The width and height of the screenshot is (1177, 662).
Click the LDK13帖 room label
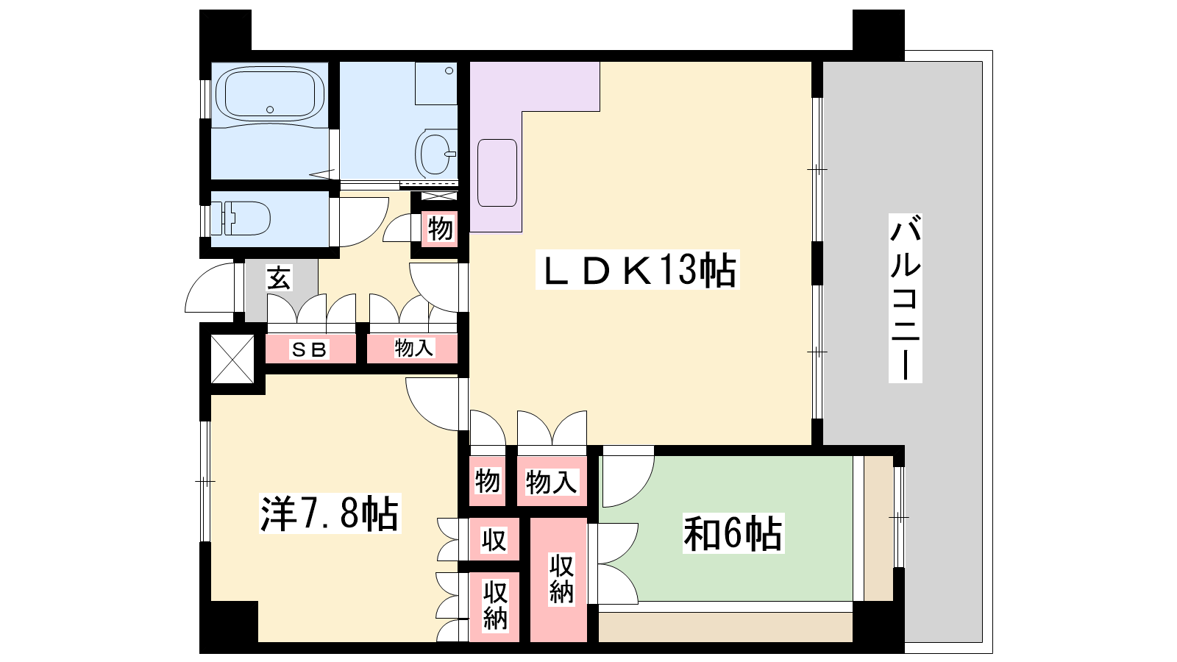coord(637,269)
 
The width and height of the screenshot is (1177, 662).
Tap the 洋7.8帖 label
coord(330,513)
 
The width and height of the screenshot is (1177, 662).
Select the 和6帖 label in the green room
coord(733,533)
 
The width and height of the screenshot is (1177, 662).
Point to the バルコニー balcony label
coord(905,298)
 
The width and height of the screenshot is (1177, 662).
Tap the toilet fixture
coord(241,218)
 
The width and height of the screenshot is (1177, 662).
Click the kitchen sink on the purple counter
coord(497,173)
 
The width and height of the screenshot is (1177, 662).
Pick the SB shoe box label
coord(310,349)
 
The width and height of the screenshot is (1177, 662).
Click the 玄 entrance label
coord(278,278)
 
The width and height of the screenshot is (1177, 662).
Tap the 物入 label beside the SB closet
coord(414,347)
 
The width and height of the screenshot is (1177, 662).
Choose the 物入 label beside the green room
coord(552,482)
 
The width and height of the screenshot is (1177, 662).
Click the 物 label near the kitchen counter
coord(440,229)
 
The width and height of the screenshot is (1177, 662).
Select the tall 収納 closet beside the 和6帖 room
coord(558,580)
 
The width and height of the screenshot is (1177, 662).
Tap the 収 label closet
coord(494,540)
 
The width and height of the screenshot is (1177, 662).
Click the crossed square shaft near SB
coord(232,360)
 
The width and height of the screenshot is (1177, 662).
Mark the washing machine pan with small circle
coord(435,84)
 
